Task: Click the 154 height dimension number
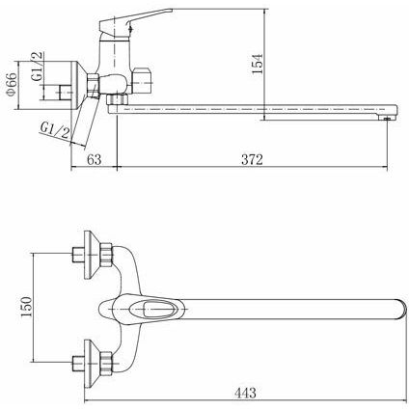258,64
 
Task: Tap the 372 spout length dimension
252,159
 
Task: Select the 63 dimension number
94,159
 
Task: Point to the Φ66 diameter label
12,85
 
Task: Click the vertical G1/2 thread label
38,67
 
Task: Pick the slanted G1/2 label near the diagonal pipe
55,131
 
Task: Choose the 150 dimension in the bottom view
26,307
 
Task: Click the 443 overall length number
245,393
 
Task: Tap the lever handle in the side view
135,20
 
